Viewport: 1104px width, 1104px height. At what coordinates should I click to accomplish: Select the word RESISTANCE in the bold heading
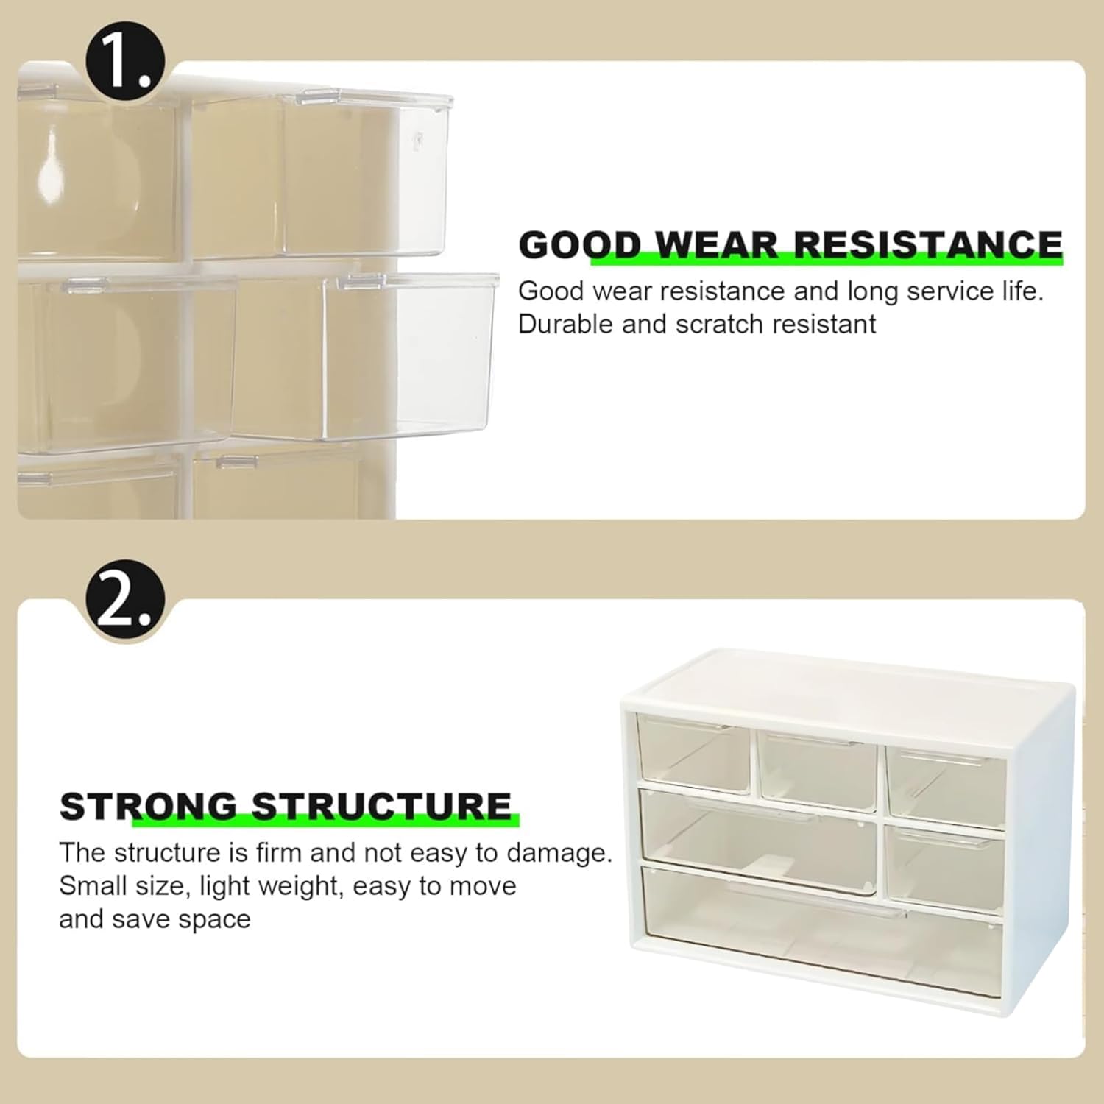click(928, 244)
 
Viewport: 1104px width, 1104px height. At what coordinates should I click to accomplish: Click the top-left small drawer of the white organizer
click(693, 754)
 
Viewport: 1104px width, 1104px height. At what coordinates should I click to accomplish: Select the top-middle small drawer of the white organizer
click(817, 770)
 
